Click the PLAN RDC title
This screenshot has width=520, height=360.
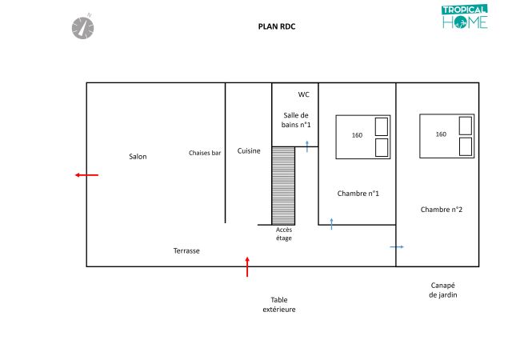click(277, 26)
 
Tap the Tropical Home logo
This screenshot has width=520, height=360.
click(464, 17)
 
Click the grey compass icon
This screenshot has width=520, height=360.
click(82, 27)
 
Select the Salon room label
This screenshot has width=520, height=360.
click(138, 157)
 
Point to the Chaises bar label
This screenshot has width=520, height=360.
click(205, 153)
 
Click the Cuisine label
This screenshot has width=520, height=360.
click(249, 151)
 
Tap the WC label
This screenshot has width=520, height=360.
click(303, 94)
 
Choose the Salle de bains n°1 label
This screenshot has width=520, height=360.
click(296, 120)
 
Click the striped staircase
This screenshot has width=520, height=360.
click(283, 186)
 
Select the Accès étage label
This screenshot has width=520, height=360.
click(284, 234)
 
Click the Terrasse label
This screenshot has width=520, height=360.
click(186, 251)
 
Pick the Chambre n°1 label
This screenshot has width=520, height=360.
click(358, 194)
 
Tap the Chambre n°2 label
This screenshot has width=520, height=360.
click(441, 210)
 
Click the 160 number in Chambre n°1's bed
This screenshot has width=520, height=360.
click(357, 135)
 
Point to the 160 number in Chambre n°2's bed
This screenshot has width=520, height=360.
click(441, 134)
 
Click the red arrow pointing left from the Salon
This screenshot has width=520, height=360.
click(86, 175)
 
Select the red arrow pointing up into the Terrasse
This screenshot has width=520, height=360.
click(247, 266)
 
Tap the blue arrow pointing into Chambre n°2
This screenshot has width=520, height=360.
click(397, 247)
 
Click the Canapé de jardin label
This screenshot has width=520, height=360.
click(442, 290)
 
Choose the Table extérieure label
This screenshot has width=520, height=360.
click(279, 305)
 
